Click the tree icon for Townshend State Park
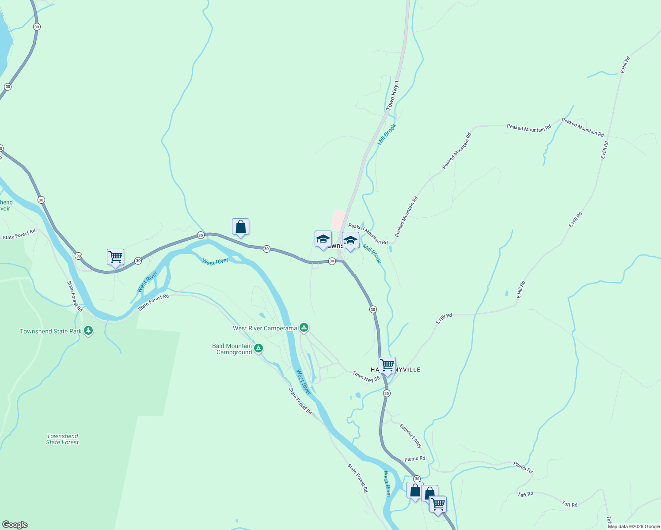pos(88,330)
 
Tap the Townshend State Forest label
pos(62,439)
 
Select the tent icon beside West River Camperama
pos(304,327)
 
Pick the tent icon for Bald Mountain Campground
pos(258,348)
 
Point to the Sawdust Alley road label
pos(411,435)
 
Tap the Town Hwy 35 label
pos(366,376)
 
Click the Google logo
pos(15,525)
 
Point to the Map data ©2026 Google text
pos(634,526)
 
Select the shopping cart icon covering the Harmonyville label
pos(387,365)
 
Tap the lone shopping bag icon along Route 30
pos(240,227)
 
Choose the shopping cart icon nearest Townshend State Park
pos(115,257)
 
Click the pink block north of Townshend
pos(338,220)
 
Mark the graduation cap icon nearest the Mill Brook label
pos(350,241)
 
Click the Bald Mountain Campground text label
pos(232,349)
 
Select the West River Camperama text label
pos(265,328)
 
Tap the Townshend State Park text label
pos(51,331)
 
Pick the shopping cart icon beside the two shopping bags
pos(438,504)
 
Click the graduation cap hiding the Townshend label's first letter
pos(323,239)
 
